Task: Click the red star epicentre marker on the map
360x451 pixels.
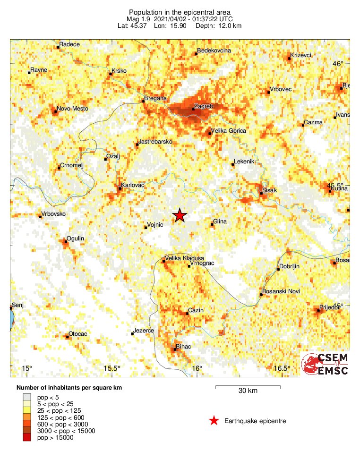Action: [180, 215]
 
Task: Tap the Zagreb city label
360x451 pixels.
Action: [204, 106]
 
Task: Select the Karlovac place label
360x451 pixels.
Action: [133, 185]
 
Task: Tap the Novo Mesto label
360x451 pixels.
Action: [70, 109]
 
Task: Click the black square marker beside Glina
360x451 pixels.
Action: [212, 225]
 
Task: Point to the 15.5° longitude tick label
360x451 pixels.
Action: [112, 368]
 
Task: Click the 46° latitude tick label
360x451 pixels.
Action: [338, 64]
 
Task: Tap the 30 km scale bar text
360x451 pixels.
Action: [248, 391]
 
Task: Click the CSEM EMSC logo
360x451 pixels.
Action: [325, 364]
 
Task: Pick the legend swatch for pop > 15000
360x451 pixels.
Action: [26, 438]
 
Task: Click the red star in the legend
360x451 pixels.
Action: [214, 421]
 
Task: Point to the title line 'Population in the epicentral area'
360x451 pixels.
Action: [180, 12]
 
